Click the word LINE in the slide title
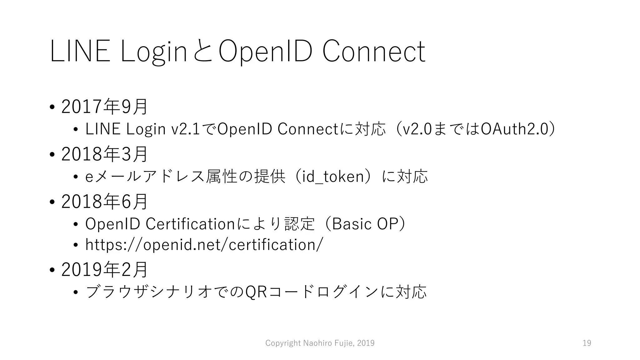[80, 52]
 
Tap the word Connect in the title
[373, 52]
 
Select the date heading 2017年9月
[104, 107]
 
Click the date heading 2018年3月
[104, 154]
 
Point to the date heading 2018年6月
[104, 202]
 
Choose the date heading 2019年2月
[104, 270]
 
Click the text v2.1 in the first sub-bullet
[186, 129]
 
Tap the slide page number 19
[587, 343]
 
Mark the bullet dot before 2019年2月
[52, 270]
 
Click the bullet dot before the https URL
[75, 245]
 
